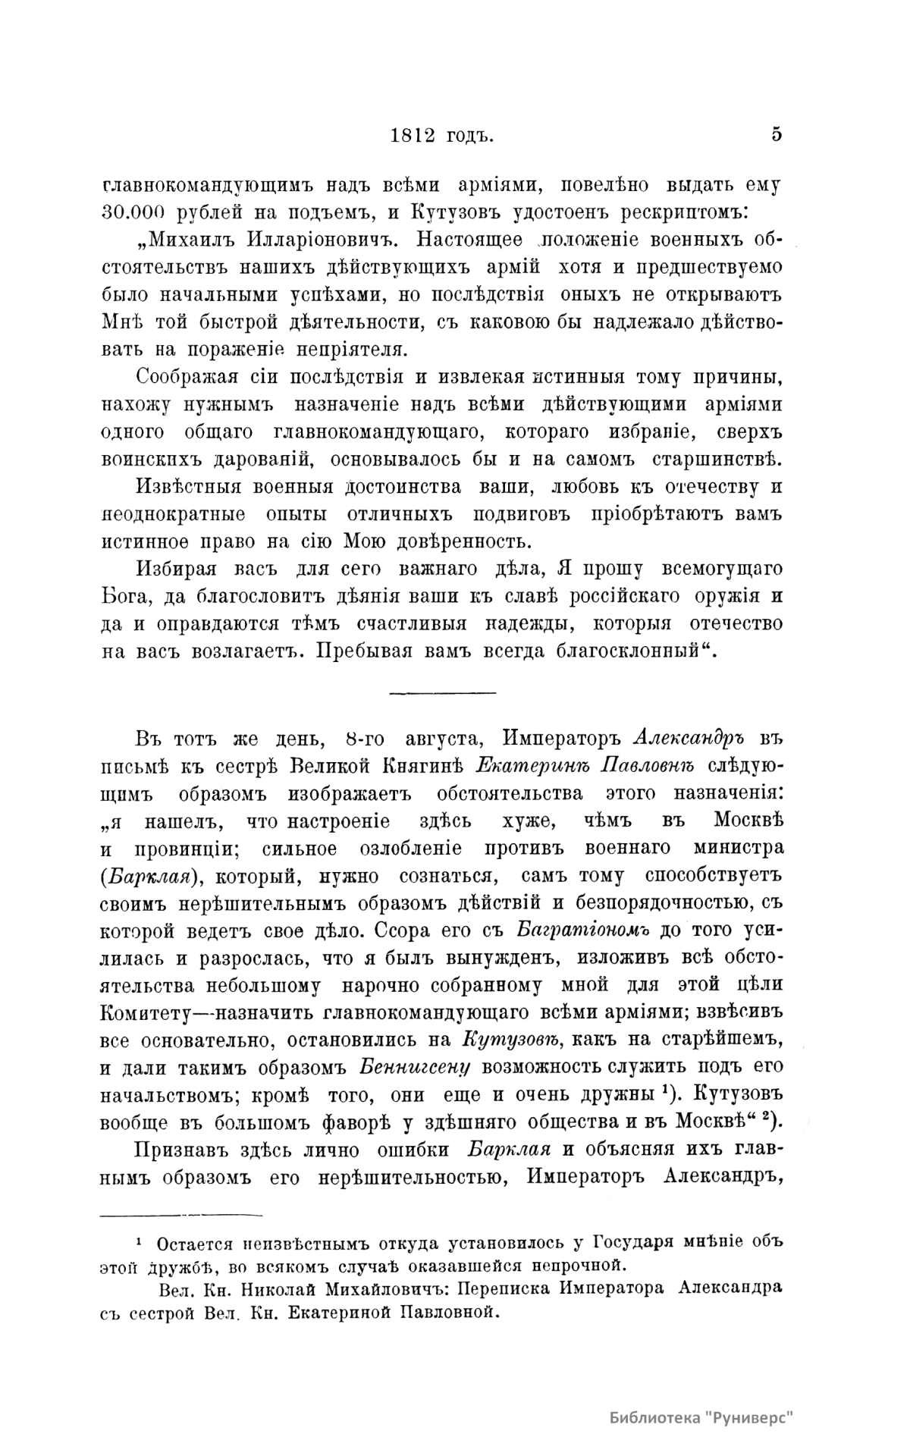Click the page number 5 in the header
coord(776,134)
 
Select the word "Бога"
coord(124,597)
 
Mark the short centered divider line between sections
coord(442,692)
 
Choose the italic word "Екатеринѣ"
coord(533,766)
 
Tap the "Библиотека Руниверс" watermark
coord(705,1417)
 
